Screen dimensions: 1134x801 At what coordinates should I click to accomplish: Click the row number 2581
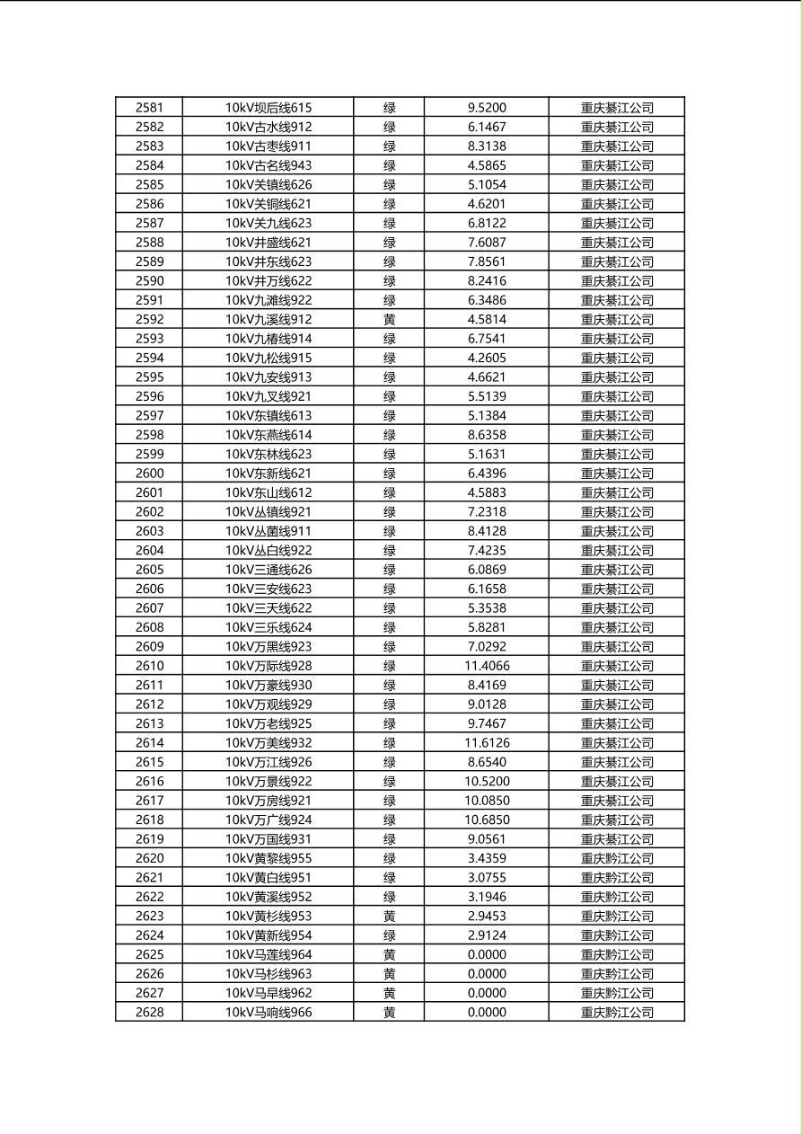[x=149, y=108]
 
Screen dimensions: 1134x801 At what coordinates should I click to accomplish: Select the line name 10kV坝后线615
[x=268, y=108]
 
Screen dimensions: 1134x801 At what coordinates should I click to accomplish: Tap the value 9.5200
[x=487, y=108]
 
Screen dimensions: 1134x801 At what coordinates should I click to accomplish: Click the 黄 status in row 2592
[x=389, y=320]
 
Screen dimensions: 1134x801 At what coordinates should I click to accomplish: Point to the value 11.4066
[x=487, y=666]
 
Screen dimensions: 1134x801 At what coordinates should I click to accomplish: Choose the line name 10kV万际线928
[x=268, y=666]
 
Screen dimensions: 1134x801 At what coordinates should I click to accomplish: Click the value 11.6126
[x=487, y=743]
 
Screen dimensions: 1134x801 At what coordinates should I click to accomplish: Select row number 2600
[x=149, y=474]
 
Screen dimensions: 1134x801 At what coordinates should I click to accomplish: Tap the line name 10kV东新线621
[x=268, y=474]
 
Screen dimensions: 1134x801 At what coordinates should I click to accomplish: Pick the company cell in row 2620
[x=617, y=859]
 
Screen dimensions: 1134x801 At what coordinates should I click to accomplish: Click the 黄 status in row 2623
[x=389, y=917]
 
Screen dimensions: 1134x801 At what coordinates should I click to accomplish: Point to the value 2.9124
[x=487, y=935]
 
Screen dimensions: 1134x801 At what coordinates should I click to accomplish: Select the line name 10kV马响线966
[x=268, y=1013]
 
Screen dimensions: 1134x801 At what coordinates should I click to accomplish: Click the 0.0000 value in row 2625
[x=487, y=955]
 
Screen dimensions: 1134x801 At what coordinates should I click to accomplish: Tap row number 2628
[x=149, y=1013]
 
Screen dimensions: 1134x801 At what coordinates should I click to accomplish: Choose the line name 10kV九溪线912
[x=268, y=320]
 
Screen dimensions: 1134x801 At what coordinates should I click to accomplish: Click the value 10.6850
[x=487, y=820]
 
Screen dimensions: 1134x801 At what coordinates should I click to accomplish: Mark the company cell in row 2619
[x=617, y=839]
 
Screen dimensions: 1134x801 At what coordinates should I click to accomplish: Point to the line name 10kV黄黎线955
[x=268, y=859]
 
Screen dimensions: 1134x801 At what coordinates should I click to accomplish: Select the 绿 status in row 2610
[x=389, y=666]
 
